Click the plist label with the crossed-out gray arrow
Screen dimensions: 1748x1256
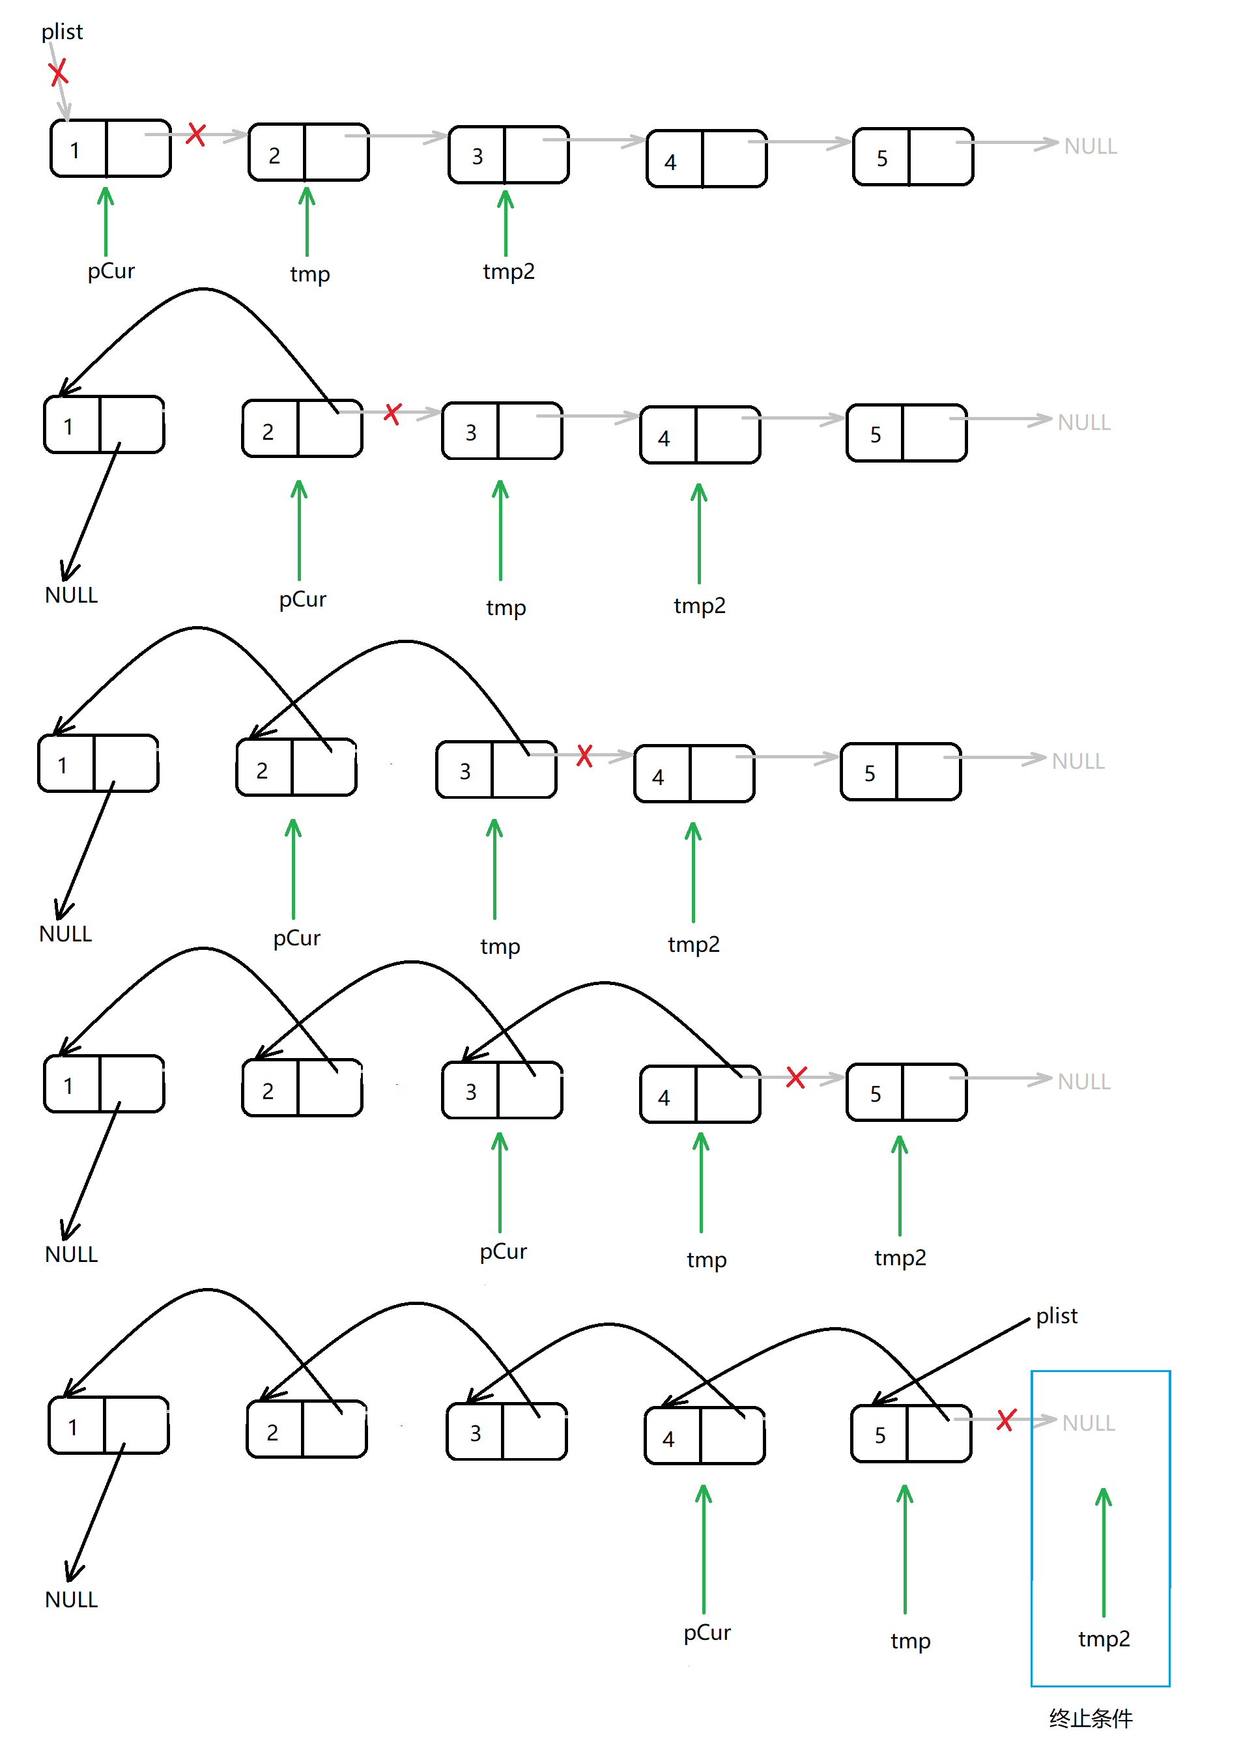pyautogui.click(x=62, y=32)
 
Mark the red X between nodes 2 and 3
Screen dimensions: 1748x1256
pyautogui.click(x=392, y=413)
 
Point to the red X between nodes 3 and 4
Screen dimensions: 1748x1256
pyautogui.click(x=585, y=755)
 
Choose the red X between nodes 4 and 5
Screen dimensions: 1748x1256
pyautogui.click(x=796, y=1077)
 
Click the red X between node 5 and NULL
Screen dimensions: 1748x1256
pyautogui.click(x=1006, y=1420)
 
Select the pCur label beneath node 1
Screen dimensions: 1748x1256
pyautogui.click(x=111, y=271)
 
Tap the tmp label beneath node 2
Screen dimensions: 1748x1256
pyautogui.click(x=309, y=274)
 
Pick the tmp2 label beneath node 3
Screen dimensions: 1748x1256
pyautogui.click(x=509, y=271)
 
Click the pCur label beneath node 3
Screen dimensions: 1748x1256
pyautogui.click(x=503, y=1252)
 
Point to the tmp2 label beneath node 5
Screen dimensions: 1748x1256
pyautogui.click(x=900, y=1258)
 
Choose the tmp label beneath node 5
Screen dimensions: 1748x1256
pyautogui.click(x=910, y=1641)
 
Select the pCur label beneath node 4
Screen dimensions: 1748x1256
pyautogui.click(x=707, y=1633)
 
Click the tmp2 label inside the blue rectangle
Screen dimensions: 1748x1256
pyautogui.click(x=1104, y=1639)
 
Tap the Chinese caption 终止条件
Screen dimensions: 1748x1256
pyautogui.click(x=1091, y=1718)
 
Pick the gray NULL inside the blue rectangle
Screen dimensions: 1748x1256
pyautogui.click(x=1088, y=1424)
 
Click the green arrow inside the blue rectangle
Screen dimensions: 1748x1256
pyautogui.click(x=1104, y=1549)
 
